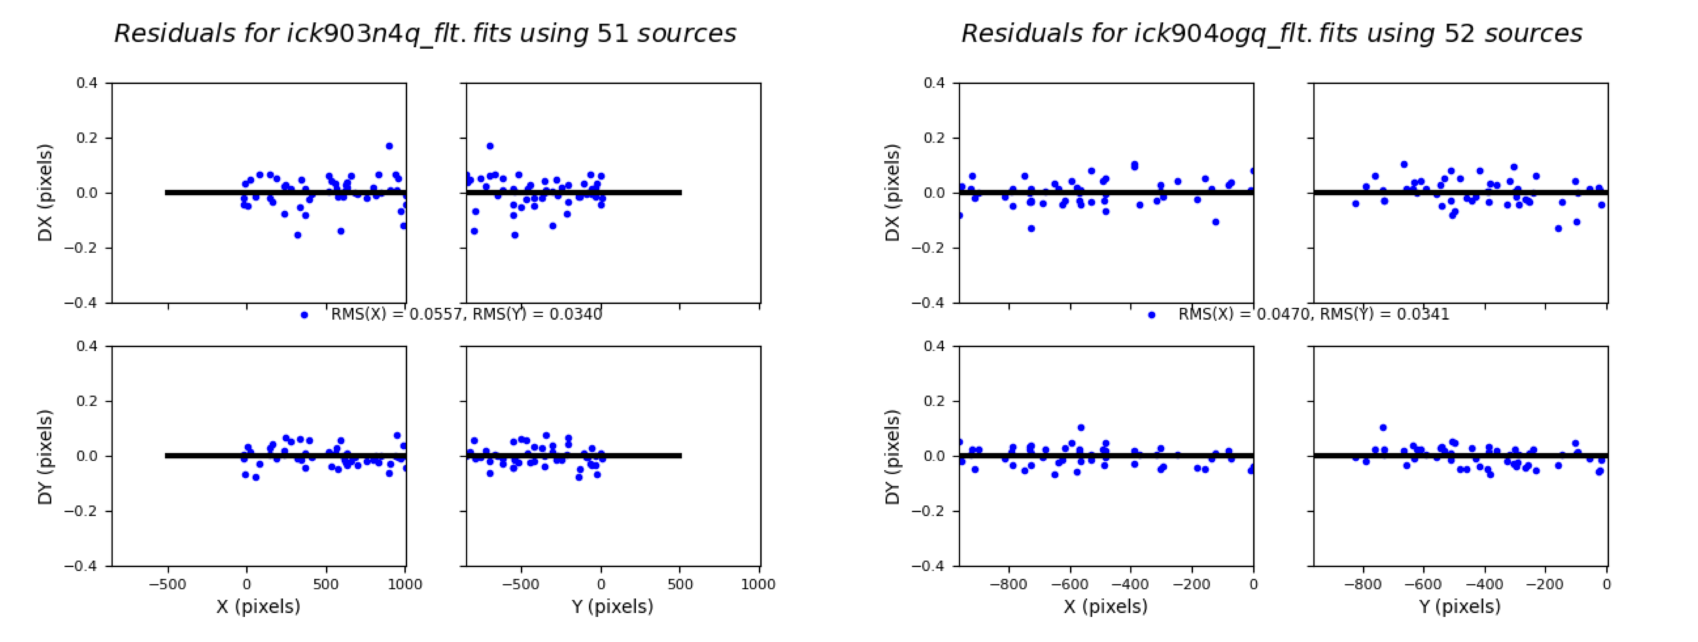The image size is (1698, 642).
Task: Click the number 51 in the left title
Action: click(612, 34)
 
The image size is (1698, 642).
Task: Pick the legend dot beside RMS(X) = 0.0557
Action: click(304, 315)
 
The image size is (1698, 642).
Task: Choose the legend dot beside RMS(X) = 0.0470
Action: click(1152, 315)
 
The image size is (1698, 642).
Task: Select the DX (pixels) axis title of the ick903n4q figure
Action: click(45, 193)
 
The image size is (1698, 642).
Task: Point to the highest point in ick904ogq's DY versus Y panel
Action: click(1383, 427)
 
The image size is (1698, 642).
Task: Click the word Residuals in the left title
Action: click(175, 34)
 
